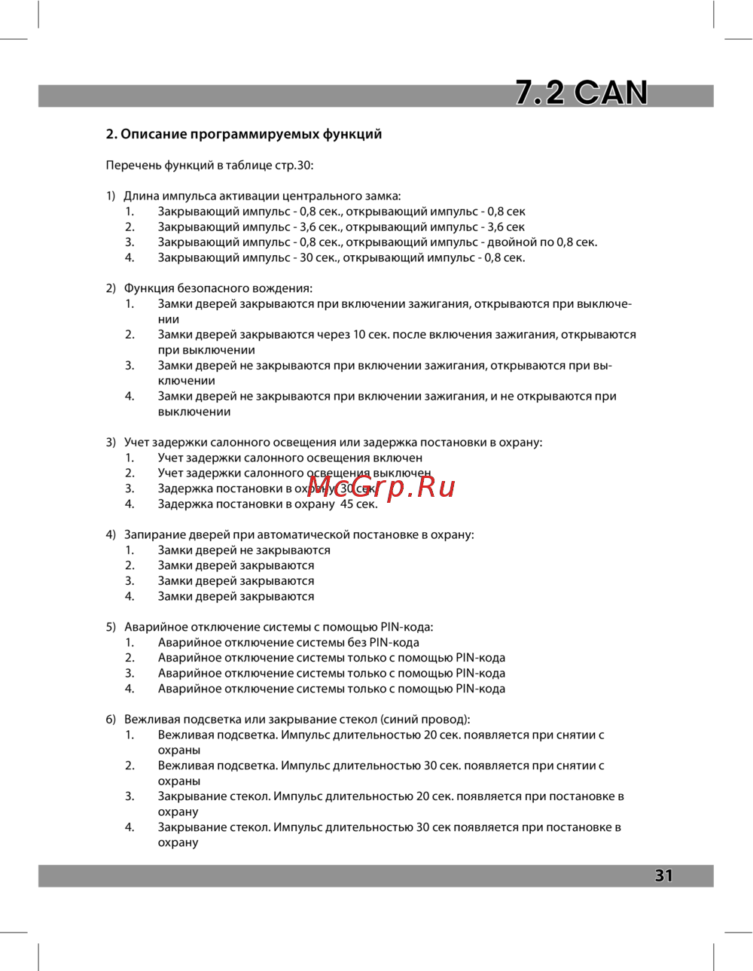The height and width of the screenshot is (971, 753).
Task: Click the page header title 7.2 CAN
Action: pyautogui.click(x=581, y=93)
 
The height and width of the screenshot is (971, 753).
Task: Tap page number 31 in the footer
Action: pyautogui.click(x=663, y=875)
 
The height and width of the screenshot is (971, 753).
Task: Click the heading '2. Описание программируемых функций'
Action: pyautogui.click(x=243, y=134)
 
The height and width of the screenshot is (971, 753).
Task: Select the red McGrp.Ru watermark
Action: pyautogui.click(x=382, y=487)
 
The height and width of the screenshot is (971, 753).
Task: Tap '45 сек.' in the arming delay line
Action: pyautogui.click(x=358, y=504)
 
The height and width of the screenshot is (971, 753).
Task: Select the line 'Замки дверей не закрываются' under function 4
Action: pyautogui.click(x=244, y=550)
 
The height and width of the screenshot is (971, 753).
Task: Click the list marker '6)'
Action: pyautogui.click(x=111, y=720)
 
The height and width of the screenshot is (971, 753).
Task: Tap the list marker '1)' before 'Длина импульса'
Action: pyautogui.click(x=111, y=196)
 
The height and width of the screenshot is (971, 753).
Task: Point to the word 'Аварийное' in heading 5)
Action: pyautogui.click(x=154, y=627)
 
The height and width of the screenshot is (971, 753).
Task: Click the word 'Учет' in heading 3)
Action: pyautogui.click(x=138, y=443)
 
